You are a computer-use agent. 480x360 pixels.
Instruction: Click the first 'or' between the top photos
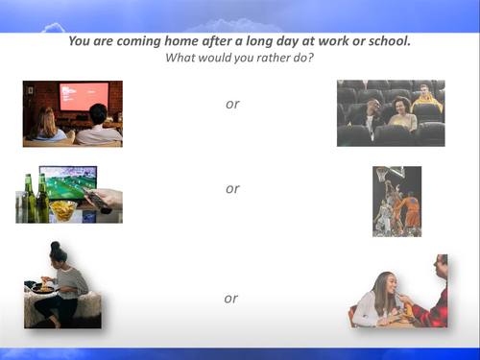232,104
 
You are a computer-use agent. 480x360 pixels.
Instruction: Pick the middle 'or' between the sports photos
232,188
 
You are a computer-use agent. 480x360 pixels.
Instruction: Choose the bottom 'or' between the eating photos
231,299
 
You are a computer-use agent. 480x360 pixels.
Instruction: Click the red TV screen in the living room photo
84,95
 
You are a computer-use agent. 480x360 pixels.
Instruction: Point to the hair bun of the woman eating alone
55,247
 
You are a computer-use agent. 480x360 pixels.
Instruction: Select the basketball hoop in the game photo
383,176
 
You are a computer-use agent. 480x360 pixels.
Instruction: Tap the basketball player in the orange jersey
410,209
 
